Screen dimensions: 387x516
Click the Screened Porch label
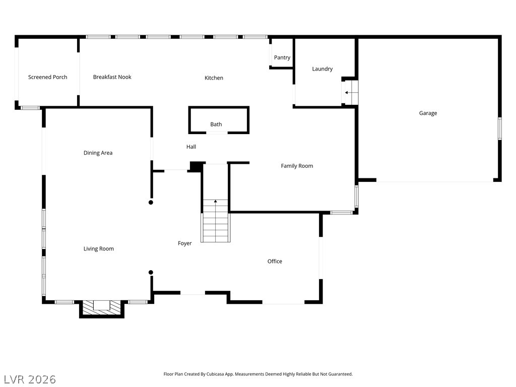(47, 77)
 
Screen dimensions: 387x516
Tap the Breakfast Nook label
(112, 77)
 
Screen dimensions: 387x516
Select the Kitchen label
(214, 78)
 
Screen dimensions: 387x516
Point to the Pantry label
(282, 58)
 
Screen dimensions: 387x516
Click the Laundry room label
(322, 69)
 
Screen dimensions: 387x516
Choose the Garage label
(428, 113)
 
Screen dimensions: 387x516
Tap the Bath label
(216, 124)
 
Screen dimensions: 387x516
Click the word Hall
(191, 147)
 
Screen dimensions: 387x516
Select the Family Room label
(297, 166)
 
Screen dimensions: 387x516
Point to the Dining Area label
(98, 153)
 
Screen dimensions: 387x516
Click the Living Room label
(99, 249)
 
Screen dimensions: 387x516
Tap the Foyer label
(185, 243)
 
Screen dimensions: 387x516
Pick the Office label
(275, 262)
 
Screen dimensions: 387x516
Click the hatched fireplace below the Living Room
(102, 307)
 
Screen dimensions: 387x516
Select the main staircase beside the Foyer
(216, 222)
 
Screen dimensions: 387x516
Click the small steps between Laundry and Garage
(350, 93)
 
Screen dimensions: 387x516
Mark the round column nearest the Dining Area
(151, 203)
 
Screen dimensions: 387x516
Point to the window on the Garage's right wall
(500, 128)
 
